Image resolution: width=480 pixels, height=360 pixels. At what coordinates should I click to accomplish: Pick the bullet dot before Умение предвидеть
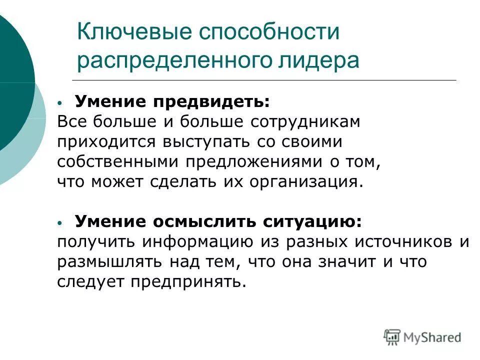60,102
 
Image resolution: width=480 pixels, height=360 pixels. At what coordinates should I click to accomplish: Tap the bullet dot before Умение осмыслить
60,221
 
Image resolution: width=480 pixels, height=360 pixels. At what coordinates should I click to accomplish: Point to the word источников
397,242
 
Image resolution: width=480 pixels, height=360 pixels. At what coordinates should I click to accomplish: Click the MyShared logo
422,337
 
